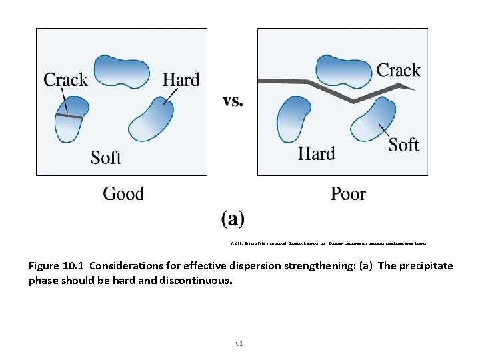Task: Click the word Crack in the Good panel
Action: [x=65, y=80]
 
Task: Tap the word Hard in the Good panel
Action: [x=181, y=80]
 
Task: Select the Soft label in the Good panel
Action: [x=106, y=157]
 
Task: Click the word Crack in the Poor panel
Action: [x=398, y=70]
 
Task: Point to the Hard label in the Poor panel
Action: [x=316, y=154]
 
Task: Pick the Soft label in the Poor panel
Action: [x=403, y=145]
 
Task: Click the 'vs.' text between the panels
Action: [x=233, y=101]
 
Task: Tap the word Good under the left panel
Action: [x=123, y=194]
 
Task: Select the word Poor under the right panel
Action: [x=348, y=194]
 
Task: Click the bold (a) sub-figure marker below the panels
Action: [x=233, y=218]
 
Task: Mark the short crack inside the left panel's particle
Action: [x=69, y=116]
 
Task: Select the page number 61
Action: [x=240, y=343]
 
